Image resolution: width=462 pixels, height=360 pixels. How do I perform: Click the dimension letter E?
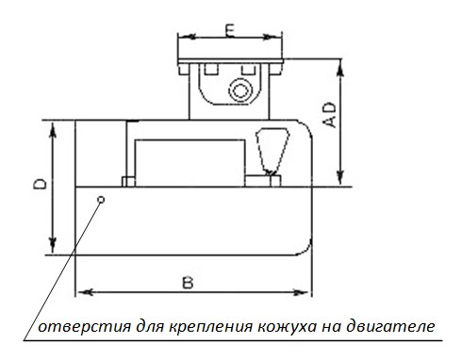click(x=230, y=30)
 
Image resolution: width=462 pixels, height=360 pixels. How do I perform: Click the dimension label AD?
click(x=330, y=115)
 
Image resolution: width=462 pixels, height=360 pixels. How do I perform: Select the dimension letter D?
click(x=41, y=184)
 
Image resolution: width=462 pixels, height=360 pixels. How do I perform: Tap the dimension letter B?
click(x=188, y=283)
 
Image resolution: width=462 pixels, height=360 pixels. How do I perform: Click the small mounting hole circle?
click(x=101, y=200)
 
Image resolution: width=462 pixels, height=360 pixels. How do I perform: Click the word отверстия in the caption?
click(x=84, y=327)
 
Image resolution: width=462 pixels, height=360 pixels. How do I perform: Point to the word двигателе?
click(x=390, y=327)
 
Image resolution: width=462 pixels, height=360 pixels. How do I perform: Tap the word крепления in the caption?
click(x=211, y=327)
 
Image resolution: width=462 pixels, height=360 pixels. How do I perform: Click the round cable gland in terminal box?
click(x=240, y=91)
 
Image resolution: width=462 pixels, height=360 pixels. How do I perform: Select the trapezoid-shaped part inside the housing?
click(x=272, y=152)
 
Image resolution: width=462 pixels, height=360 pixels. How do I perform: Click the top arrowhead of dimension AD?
click(x=340, y=67)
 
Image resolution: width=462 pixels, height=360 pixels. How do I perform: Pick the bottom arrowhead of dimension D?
click(x=53, y=246)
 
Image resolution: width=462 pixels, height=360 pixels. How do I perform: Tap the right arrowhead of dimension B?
click(x=301, y=292)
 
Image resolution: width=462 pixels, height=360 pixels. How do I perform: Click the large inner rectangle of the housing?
click(x=190, y=163)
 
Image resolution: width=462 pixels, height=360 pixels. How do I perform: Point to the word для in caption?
click(x=150, y=327)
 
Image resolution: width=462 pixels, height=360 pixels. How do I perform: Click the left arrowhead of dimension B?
click(x=85, y=292)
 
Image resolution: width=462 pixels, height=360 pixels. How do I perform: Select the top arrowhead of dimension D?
click(x=53, y=129)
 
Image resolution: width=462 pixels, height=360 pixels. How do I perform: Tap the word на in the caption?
click(x=331, y=327)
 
